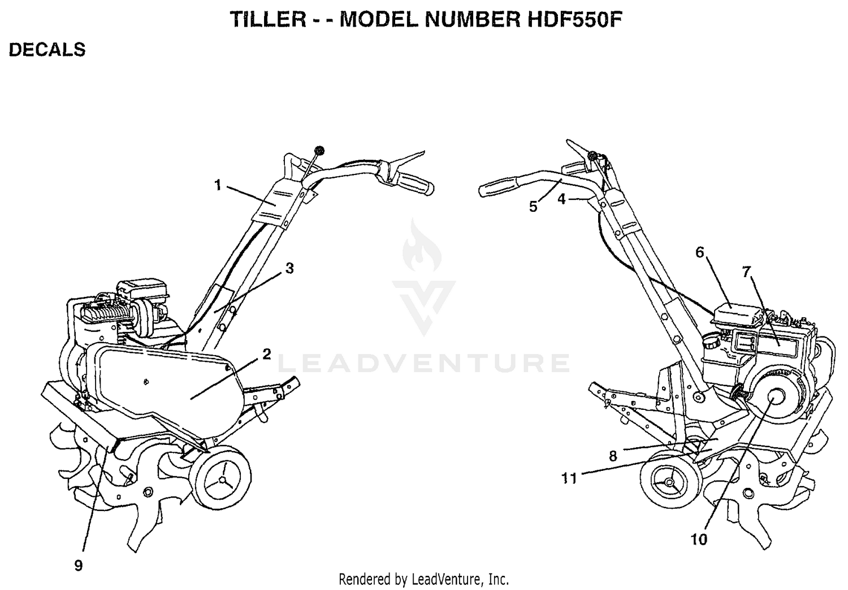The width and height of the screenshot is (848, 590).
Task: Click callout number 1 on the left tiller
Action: click(x=218, y=186)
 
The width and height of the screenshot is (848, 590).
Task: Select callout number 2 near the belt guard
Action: click(x=267, y=354)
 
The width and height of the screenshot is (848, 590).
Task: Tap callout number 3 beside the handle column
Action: click(x=289, y=268)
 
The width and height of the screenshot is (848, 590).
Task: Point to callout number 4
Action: click(x=561, y=199)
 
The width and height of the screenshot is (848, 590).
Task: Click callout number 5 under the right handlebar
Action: click(x=533, y=207)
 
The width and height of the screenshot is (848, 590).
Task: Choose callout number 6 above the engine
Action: click(x=700, y=252)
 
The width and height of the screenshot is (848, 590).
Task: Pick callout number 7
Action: click(x=746, y=272)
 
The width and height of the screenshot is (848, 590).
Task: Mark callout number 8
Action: click(x=613, y=456)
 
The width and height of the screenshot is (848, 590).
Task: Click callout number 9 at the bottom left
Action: click(x=79, y=565)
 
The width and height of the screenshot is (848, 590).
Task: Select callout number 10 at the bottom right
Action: click(x=699, y=540)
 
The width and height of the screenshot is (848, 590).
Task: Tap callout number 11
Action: click(x=569, y=479)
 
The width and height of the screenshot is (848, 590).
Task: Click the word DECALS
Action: click(x=47, y=50)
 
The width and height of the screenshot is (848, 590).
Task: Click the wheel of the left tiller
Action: click(x=222, y=479)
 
